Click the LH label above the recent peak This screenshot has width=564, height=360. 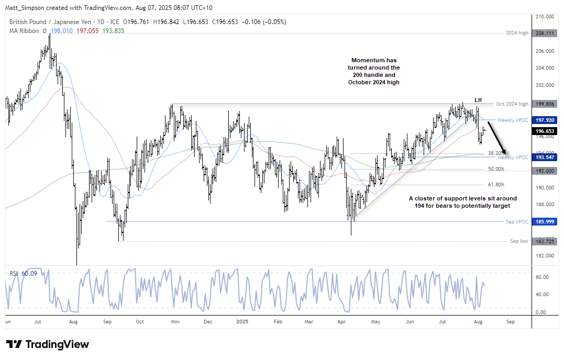478,100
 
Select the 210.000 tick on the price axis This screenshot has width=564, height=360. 544,17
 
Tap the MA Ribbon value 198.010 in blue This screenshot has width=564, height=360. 62,31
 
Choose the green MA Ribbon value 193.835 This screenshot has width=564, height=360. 114,31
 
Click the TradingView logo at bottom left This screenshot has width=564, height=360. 48,344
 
